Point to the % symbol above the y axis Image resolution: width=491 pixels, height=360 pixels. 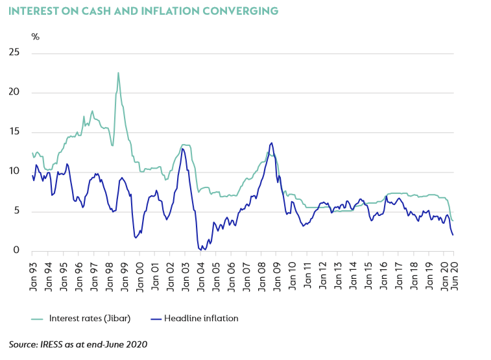[36, 37]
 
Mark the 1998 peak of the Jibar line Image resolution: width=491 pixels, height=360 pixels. [118, 73]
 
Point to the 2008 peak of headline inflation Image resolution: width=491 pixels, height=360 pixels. [271, 143]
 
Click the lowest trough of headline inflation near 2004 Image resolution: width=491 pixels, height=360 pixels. [200, 249]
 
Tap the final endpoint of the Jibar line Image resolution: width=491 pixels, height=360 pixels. [452, 221]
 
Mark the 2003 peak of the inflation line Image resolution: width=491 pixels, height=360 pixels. [182, 149]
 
